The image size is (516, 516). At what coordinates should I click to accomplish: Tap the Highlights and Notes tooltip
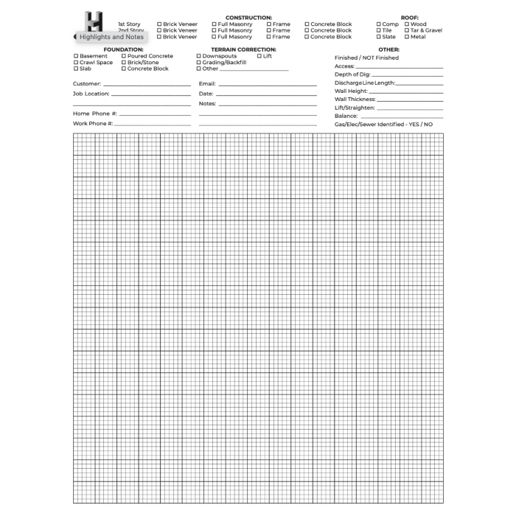pyautogui.click(x=112, y=37)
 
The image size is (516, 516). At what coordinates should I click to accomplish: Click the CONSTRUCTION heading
pyautogui.click(x=248, y=17)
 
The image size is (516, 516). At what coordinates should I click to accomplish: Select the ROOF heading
pyautogui.click(x=410, y=17)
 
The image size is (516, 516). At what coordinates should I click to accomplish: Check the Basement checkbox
pyautogui.click(x=76, y=56)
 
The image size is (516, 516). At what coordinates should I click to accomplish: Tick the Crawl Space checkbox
pyautogui.click(x=76, y=63)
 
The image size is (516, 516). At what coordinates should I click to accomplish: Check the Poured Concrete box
pyautogui.click(x=124, y=56)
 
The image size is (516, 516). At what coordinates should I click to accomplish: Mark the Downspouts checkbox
pyautogui.click(x=199, y=56)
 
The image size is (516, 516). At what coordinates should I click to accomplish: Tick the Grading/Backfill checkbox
pyautogui.click(x=199, y=63)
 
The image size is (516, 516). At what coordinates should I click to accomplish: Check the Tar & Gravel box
pyautogui.click(x=406, y=30)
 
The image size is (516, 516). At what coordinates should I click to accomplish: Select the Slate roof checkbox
pyautogui.click(x=378, y=37)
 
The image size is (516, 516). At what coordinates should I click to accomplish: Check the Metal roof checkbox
pyautogui.click(x=406, y=37)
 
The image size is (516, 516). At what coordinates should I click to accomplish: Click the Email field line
pyautogui.click(x=267, y=86)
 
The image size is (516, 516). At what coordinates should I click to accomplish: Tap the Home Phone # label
pyautogui.click(x=94, y=114)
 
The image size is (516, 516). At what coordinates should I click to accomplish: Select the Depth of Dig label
pyautogui.click(x=352, y=74)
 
